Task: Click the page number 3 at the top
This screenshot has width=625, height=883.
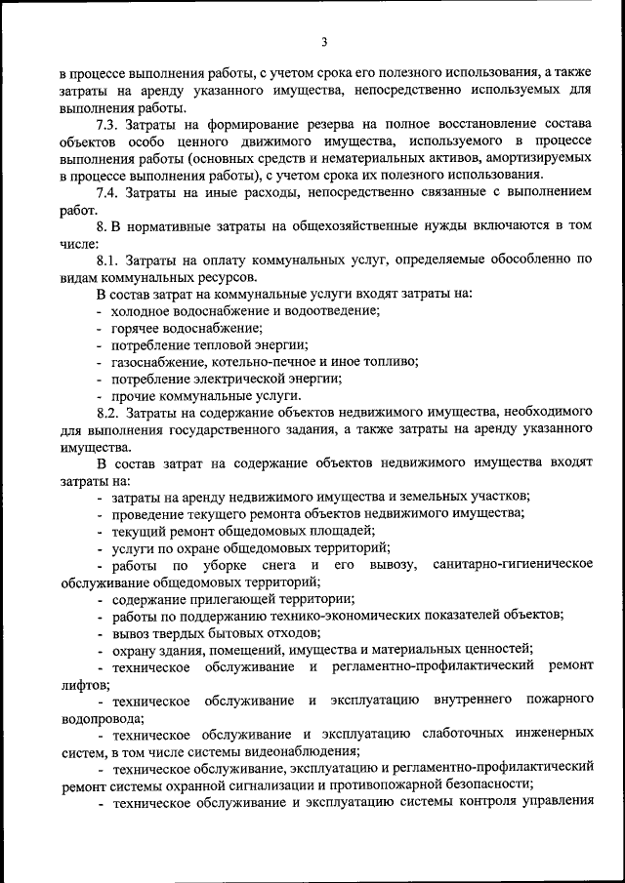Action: tap(323, 41)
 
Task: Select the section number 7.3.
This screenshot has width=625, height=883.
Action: tap(108, 127)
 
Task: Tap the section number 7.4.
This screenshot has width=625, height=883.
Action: tap(108, 193)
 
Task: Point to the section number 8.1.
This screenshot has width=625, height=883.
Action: tap(108, 260)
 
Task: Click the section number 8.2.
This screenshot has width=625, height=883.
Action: tap(108, 412)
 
